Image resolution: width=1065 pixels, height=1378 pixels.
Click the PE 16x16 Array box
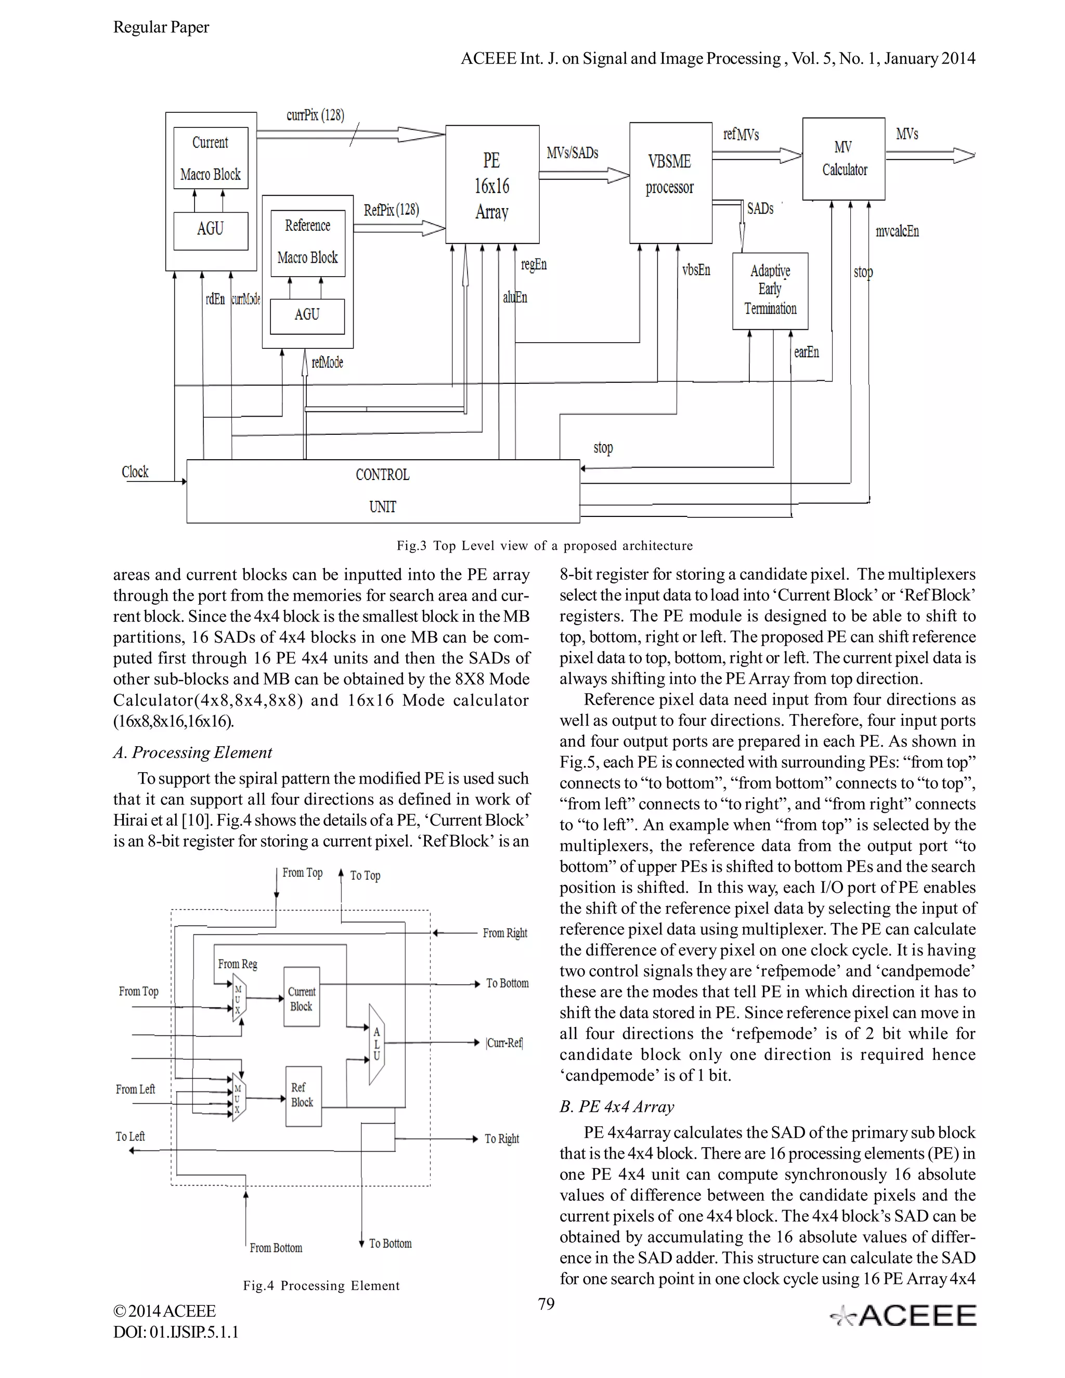(492, 184)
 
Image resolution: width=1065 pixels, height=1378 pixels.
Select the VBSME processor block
(670, 183)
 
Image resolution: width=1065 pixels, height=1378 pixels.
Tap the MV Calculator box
(843, 159)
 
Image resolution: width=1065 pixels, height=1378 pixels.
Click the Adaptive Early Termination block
(770, 291)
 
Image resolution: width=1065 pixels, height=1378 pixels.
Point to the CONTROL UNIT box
(382, 491)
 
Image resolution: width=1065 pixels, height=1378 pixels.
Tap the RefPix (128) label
(391, 210)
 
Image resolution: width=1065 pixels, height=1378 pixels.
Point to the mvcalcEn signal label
(897, 231)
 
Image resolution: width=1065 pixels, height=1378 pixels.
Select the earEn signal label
(807, 352)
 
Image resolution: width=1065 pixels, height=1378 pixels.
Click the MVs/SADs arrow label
(572, 153)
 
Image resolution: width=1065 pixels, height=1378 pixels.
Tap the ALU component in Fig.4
(376, 1044)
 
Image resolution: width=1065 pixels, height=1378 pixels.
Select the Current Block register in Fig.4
(302, 999)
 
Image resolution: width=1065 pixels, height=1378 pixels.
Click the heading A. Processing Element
(192, 752)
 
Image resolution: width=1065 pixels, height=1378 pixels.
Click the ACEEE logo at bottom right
(903, 1316)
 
